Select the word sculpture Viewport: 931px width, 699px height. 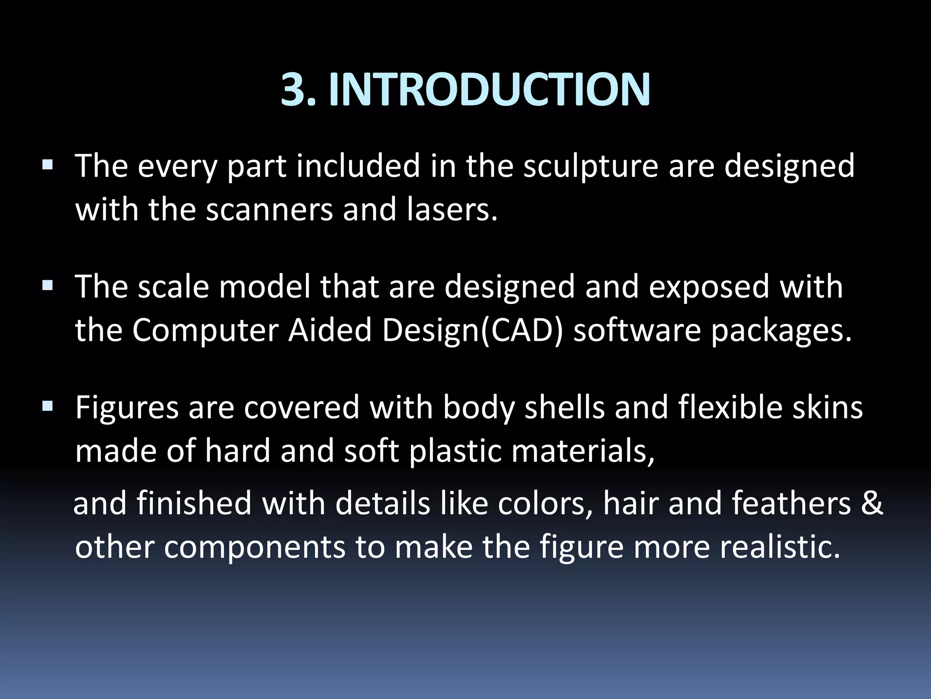click(591, 166)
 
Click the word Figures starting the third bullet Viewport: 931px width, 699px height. click(127, 408)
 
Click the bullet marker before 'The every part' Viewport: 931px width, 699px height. click(47, 164)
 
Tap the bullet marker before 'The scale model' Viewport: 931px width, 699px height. click(47, 285)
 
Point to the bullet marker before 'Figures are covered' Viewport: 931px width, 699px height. click(47, 406)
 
